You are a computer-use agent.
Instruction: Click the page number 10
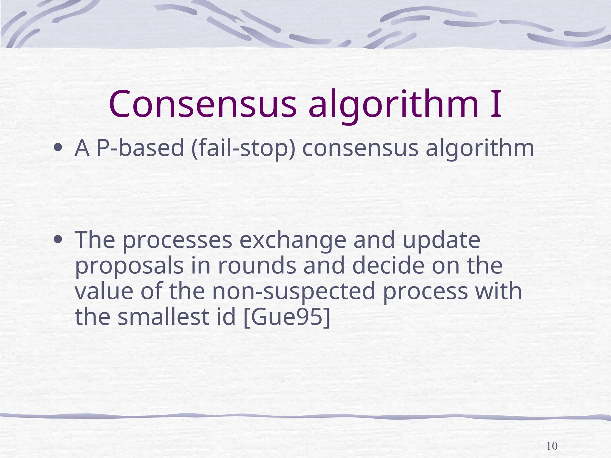(x=552, y=446)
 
